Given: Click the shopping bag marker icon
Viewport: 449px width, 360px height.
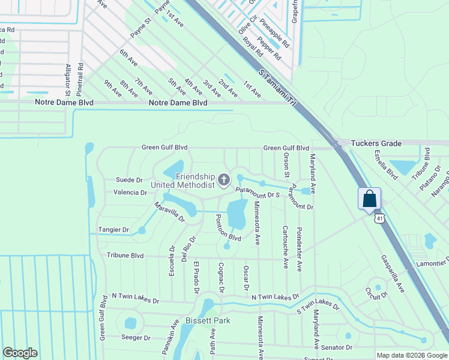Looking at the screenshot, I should (369, 198).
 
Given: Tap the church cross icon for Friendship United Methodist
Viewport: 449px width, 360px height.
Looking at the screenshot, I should (224, 179).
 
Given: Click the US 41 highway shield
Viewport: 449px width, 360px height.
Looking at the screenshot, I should (379, 219).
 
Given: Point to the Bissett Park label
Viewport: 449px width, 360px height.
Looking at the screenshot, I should (208, 320).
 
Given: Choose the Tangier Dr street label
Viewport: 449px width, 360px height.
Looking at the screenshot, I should (113, 230).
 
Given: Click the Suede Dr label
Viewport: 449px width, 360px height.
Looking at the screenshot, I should (129, 179).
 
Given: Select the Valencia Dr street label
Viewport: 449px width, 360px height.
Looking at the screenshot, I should (130, 193).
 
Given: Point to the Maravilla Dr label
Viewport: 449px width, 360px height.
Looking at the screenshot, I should (169, 213).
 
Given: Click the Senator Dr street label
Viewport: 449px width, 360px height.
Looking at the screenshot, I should (336, 347).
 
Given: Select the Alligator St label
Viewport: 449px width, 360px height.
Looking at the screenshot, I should (68, 79).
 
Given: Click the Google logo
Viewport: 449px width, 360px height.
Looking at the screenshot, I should (20, 353).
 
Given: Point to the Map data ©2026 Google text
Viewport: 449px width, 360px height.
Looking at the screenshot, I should (412, 355).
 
